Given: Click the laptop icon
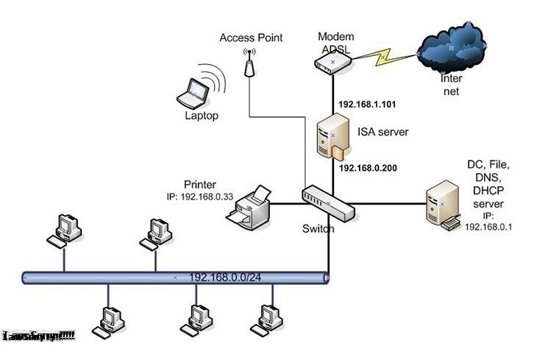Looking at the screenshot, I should coord(194,93).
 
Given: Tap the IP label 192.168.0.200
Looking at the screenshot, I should coord(369,168).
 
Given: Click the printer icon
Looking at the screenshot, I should coord(249,208).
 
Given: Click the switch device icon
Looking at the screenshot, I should coord(328,201).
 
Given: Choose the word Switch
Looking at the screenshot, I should coord(319,229).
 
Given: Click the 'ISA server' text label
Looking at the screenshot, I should coord(383,132).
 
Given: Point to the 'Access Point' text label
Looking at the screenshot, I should coord(251,38).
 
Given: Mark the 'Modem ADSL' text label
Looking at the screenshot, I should coord(335,42).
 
